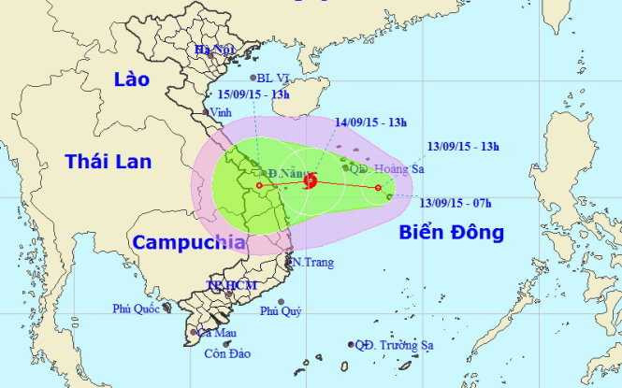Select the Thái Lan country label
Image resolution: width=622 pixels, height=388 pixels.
coord(108,162)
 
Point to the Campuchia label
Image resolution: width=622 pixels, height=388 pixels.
coord(189,242)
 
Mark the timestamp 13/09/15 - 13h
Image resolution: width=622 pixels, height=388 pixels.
coord(462,147)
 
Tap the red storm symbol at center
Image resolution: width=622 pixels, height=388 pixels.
coord(311,181)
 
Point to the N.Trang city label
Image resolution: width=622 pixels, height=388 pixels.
coord(312,263)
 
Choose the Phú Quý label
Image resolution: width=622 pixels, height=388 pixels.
coord(281,311)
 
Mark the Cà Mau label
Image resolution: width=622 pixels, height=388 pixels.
coord(217,333)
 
